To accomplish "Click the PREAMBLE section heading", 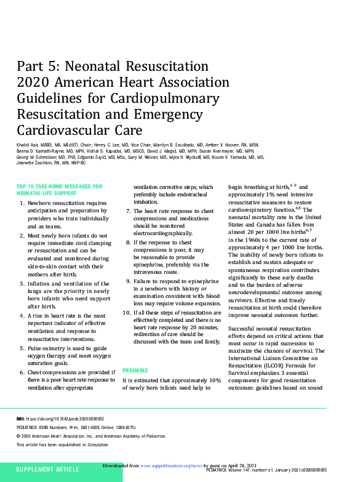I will (x=136, y=370).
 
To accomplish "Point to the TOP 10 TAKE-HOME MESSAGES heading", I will (x=59, y=185).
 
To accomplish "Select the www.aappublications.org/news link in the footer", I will (x=167, y=466).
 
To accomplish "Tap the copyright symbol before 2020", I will (x=18, y=435).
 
